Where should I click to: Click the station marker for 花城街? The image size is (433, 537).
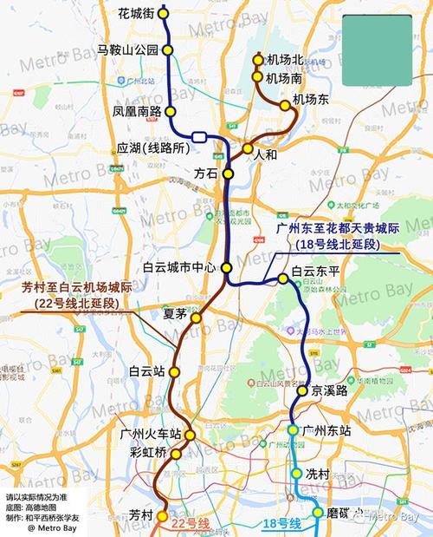pyautogui.click(x=165, y=13)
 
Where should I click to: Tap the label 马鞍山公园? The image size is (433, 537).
pyautogui.click(x=127, y=50)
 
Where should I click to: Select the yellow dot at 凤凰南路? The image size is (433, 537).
pyautogui.click(x=171, y=111)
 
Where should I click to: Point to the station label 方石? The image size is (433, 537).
pyautogui.click(x=206, y=174)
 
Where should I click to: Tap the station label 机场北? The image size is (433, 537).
pyautogui.click(x=284, y=60)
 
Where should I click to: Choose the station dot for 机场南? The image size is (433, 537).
pyautogui.click(x=257, y=77)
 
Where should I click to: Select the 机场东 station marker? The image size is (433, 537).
pyautogui.click(x=284, y=105)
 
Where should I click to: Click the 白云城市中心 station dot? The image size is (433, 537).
pyautogui.click(x=227, y=267)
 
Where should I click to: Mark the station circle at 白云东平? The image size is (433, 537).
pyautogui.click(x=283, y=278)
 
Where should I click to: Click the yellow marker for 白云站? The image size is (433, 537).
pyautogui.click(x=175, y=371)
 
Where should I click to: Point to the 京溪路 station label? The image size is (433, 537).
pyautogui.click(x=331, y=391)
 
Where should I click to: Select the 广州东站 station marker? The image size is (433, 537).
pyautogui.click(x=294, y=429)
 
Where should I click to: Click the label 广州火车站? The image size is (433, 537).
pyautogui.click(x=151, y=434)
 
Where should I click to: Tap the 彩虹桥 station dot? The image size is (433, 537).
pyautogui.click(x=177, y=454)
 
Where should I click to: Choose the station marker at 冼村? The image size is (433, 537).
pyautogui.click(x=295, y=475)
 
